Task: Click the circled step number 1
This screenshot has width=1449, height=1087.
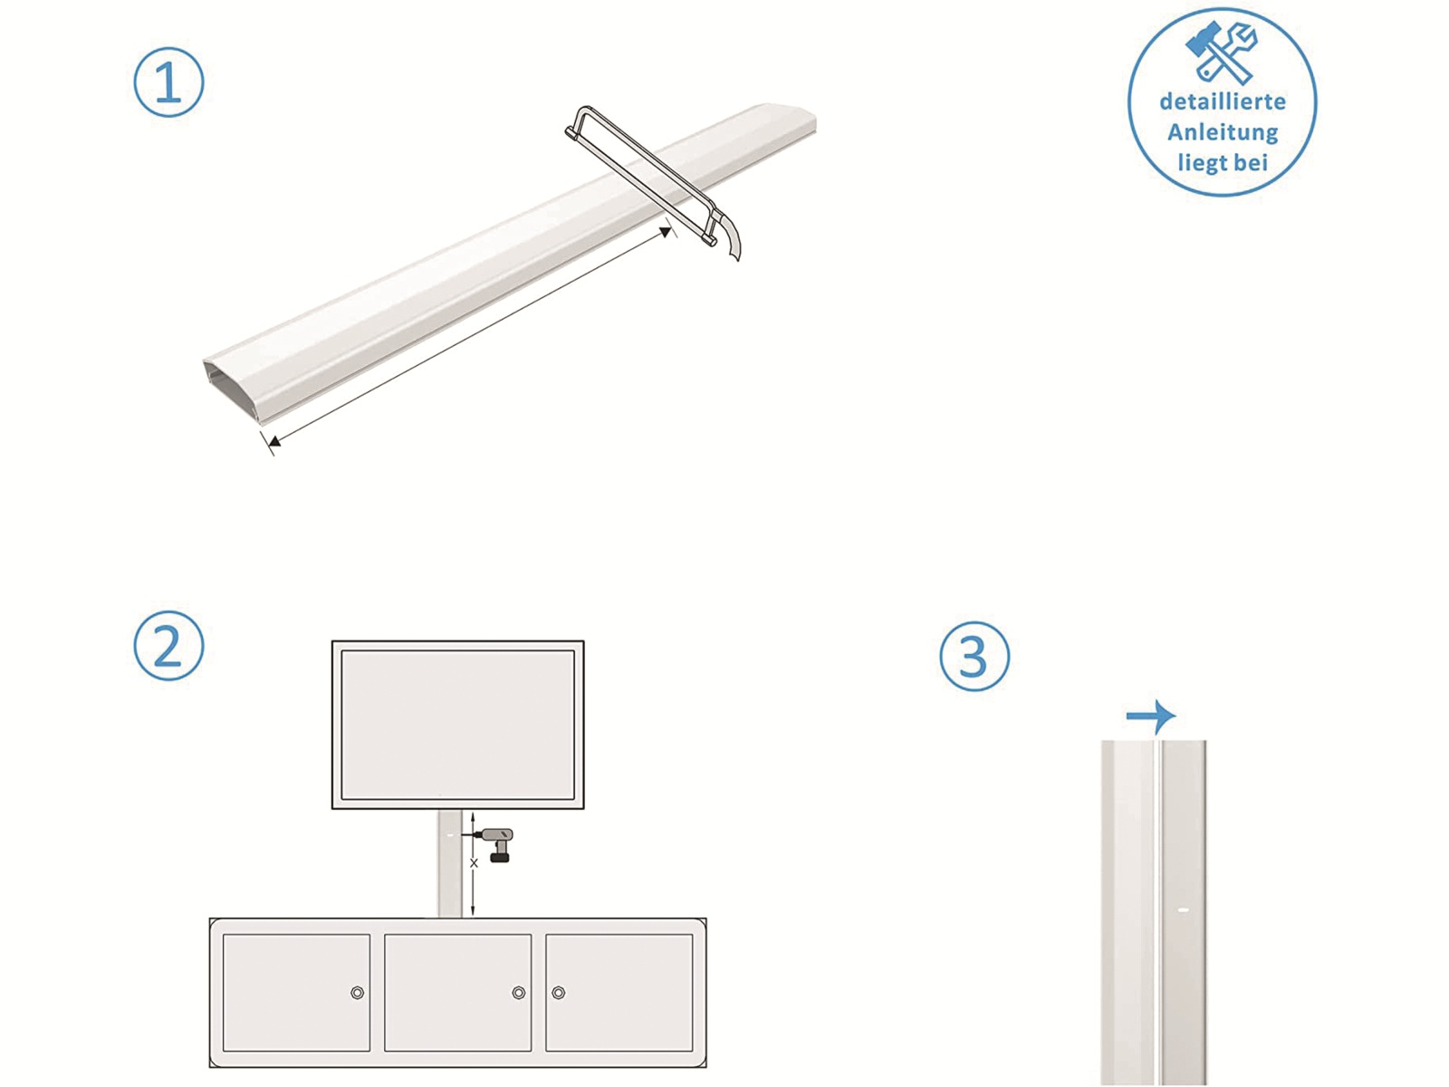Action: (x=168, y=82)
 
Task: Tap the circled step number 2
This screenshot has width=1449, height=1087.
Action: (x=168, y=646)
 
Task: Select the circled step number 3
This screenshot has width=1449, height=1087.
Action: (x=974, y=656)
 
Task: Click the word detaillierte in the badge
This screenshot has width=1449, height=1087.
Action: (x=1222, y=101)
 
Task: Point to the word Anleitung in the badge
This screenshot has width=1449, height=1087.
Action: (x=1222, y=132)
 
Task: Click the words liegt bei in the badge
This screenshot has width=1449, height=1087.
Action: (x=1222, y=163)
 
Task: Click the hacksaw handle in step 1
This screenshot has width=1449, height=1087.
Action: (x=729, y=238)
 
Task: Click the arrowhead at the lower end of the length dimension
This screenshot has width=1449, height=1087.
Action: (x=274, y=441)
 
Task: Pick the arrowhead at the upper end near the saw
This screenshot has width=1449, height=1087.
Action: (x=667, y=233)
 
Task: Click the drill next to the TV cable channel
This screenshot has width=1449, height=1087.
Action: (x=497, y=842)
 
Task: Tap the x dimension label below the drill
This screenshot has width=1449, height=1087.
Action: (x=474, y=863)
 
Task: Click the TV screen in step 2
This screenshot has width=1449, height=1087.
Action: (x=457, y=725)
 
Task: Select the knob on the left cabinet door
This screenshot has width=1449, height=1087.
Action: (x=358, y=993)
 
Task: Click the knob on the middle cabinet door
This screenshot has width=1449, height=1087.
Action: (x=519, y=993)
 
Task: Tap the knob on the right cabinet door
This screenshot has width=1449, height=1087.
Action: (x=559, y=993)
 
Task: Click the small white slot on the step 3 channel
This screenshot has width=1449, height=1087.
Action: (x=1182, y=909)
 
